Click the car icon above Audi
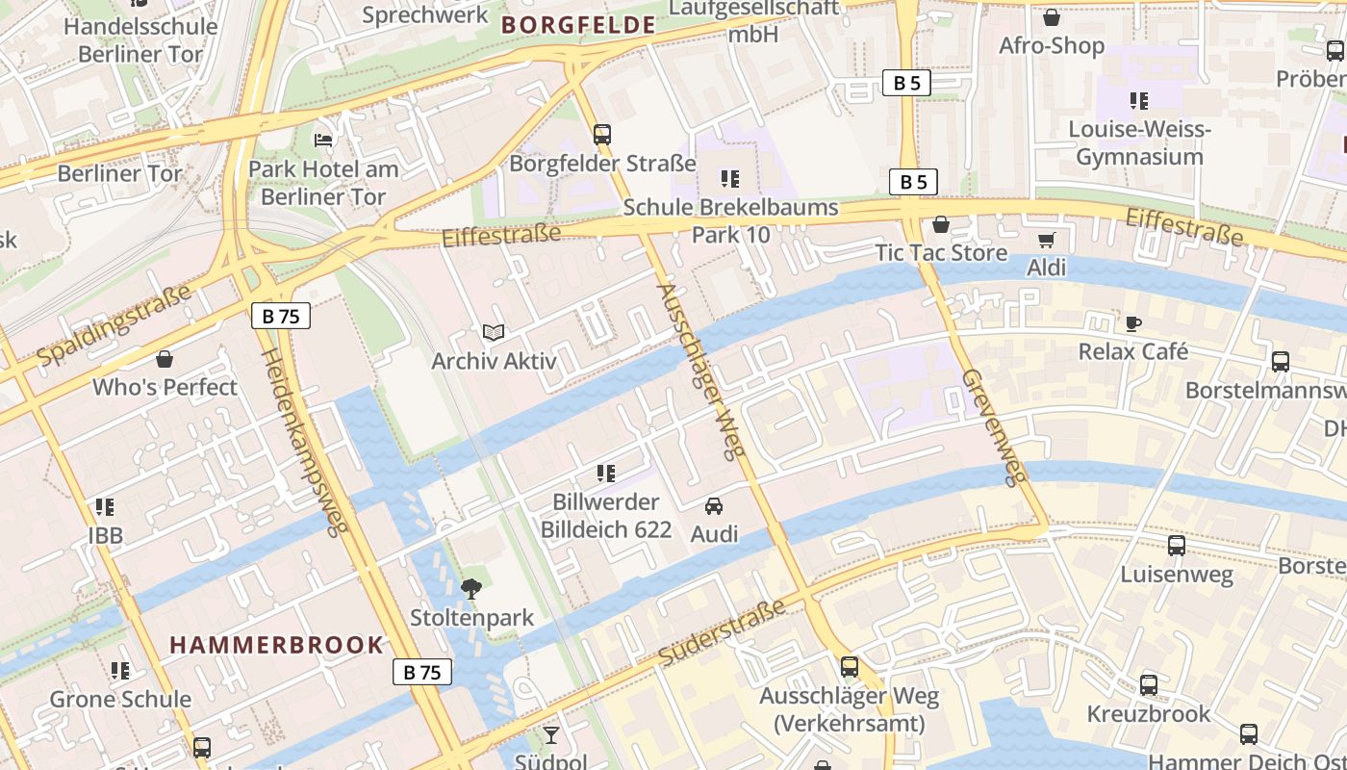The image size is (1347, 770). (713, 505)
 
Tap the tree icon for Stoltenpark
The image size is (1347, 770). (471, 589)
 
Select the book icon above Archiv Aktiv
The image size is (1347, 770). (494, 333)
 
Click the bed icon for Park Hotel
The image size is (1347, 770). (323, 141)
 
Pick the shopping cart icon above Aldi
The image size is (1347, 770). (1046, 240)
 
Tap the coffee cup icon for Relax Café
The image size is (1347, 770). (1133, 323)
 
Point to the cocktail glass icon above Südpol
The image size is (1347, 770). (550, 736)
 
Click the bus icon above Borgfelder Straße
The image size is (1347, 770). (602, 135)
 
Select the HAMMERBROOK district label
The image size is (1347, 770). (277, 645)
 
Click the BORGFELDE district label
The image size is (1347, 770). (578, 25)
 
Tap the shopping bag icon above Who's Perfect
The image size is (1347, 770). (165, 359)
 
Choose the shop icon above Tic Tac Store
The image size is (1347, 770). (941, 225)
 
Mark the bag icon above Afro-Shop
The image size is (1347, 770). (1052, 17)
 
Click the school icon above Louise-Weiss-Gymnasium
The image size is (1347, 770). (1139, 101)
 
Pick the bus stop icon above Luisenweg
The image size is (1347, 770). (1176, 547)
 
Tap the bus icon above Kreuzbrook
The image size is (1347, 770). (1149, 685)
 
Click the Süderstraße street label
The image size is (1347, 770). (721, 631)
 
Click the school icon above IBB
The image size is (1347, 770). (105, 507)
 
